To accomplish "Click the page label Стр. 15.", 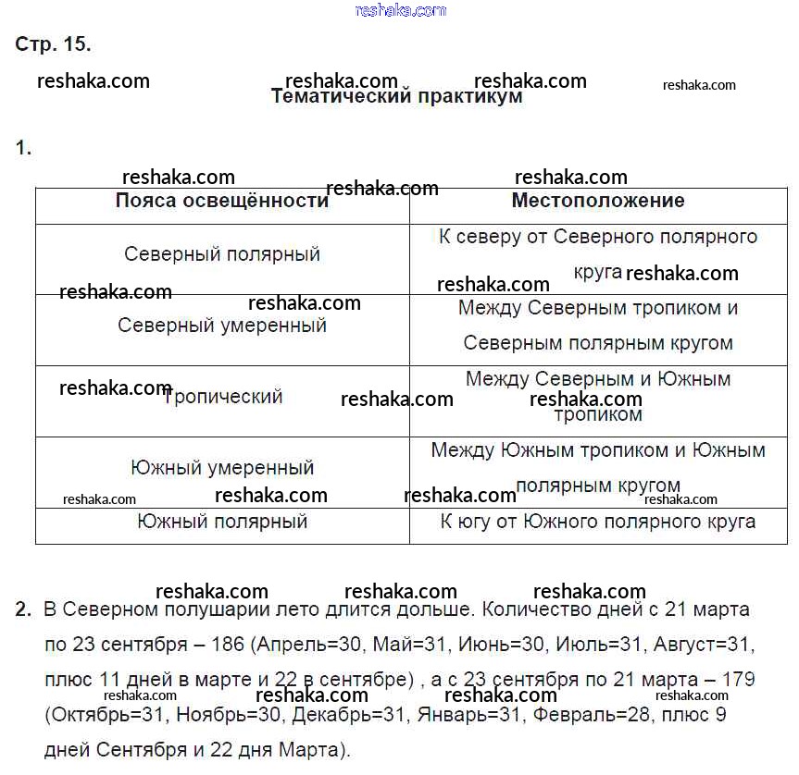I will pyautogui.click(x=53, y=44).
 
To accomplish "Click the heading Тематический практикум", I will pyautogui.click(x=396, y=97).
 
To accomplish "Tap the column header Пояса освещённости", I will pyautogui.click(x=221, y=201).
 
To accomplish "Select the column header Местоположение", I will pyautogui.click(x=598, y=201).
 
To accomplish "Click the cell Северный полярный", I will pyautogui.click(x=222, y=253).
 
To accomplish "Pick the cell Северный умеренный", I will pyautogui.click(x=222, y=326).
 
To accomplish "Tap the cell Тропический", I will pyautogui.click(x=223, y=397).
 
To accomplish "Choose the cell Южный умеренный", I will pyautogui.click(x=222, y=468).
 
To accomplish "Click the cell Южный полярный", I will pyautogui.click(x=222, y=522).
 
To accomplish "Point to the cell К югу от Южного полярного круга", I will pyautogui.click(x=598, y=522).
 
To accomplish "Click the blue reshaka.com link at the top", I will pyautogui.click(x=401, y=10).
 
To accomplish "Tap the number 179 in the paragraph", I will pyautogui.click(x=737, y=680).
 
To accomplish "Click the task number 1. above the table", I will pyautogui.click(x=24, y=148).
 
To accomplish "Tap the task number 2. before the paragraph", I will pyautogui.click(x=24, y=610).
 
